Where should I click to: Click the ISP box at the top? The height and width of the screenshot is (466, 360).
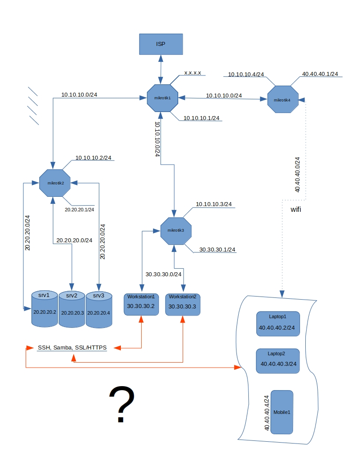click(161, 44)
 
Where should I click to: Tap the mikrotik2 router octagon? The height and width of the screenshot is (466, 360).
click(55, 183)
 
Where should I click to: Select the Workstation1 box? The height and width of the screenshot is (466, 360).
click(141, 304)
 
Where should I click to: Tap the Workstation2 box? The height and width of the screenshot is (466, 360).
click(183, 304)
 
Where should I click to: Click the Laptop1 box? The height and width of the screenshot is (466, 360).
click(278, 324)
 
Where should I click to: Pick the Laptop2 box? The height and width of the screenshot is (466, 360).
click(278, 361)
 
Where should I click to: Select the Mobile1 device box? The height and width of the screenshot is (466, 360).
click(282, 412)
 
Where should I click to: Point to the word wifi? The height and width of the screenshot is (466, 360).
click(296, 209)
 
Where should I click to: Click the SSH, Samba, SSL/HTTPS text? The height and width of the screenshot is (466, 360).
click(72, 348)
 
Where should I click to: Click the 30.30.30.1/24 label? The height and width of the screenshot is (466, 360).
click(217, 249)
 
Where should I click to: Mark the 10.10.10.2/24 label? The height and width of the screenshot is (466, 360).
click(93, 157)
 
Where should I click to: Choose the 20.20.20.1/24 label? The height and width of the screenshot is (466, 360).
click(79, 210)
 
